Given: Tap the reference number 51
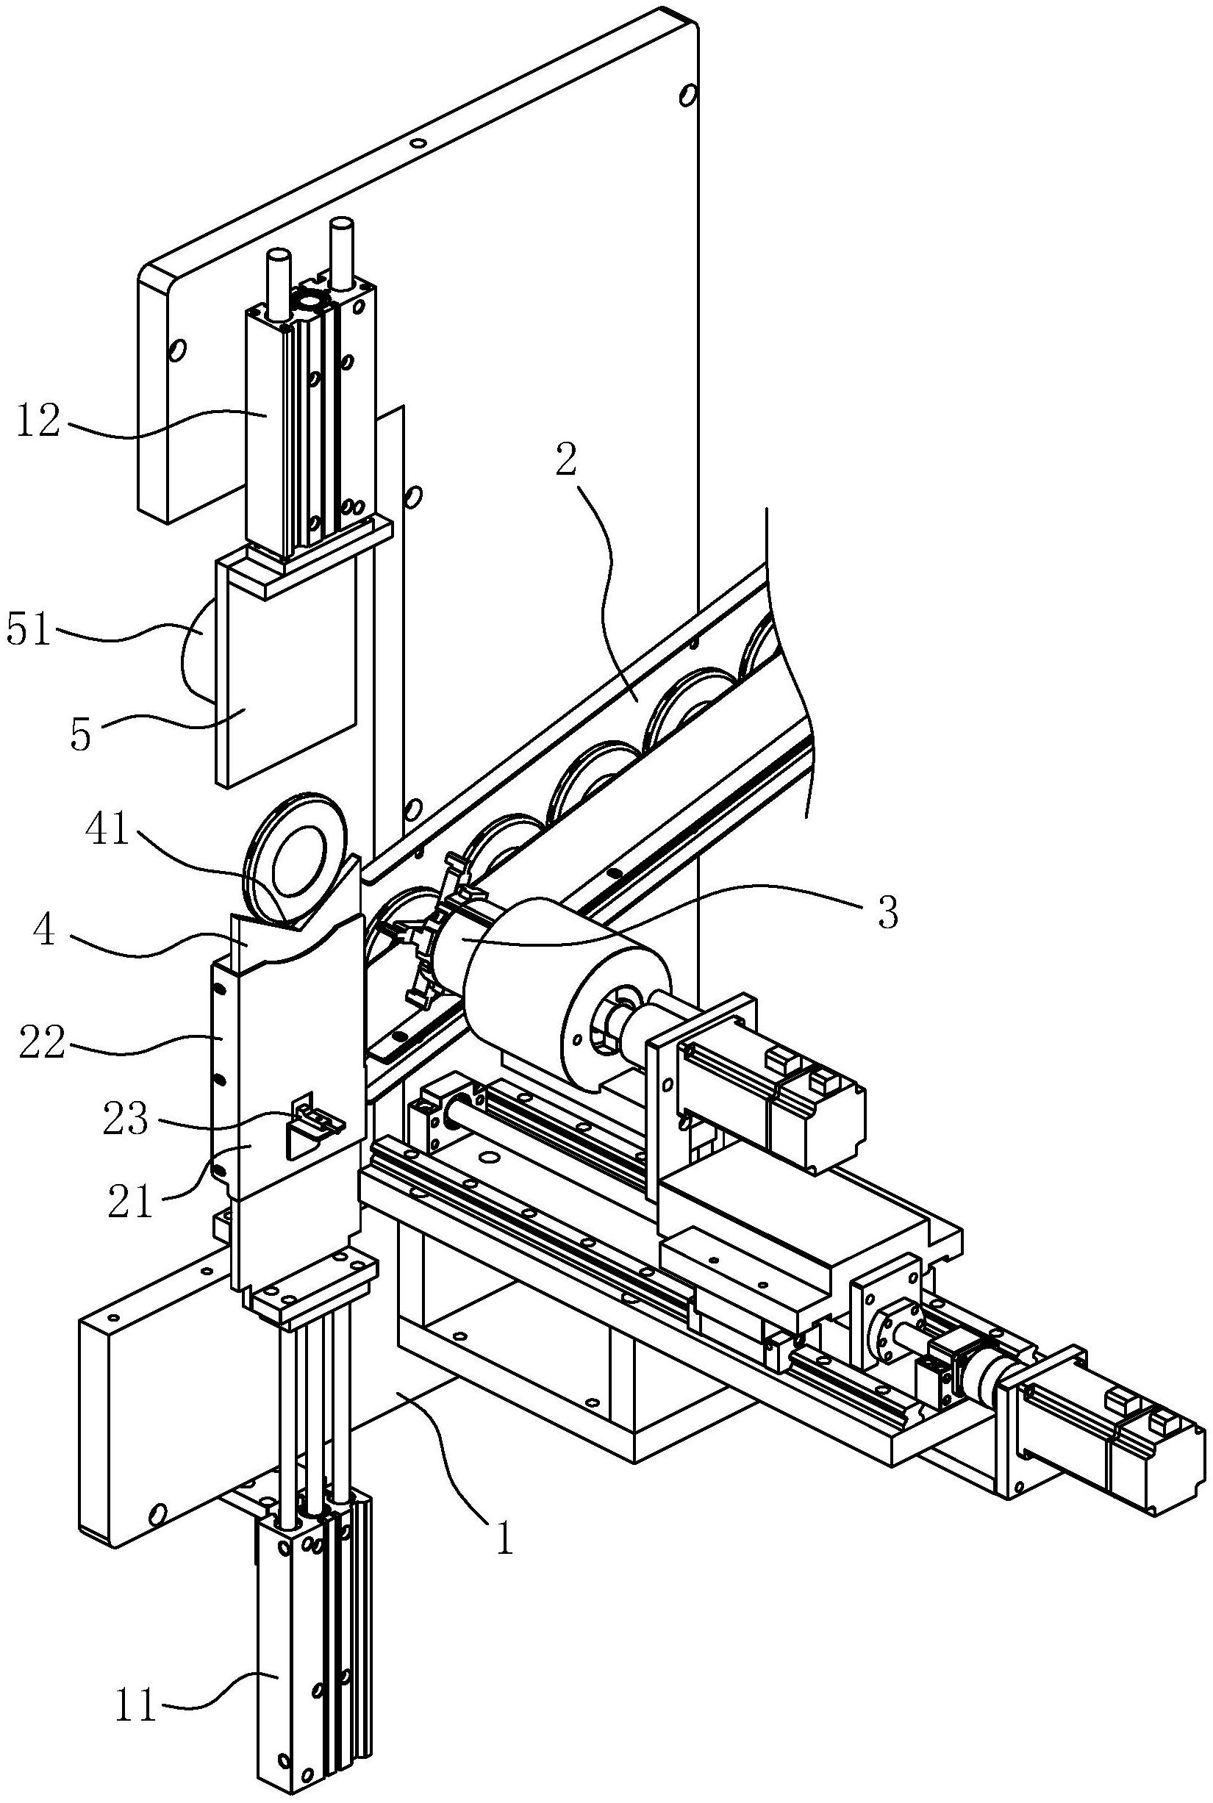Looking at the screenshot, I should [x=29, y=631].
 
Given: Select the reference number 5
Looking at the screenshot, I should [x=80, y=734].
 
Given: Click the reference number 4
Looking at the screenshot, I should [x=44, y=931].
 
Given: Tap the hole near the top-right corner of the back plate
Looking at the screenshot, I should [x=686, y=95].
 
